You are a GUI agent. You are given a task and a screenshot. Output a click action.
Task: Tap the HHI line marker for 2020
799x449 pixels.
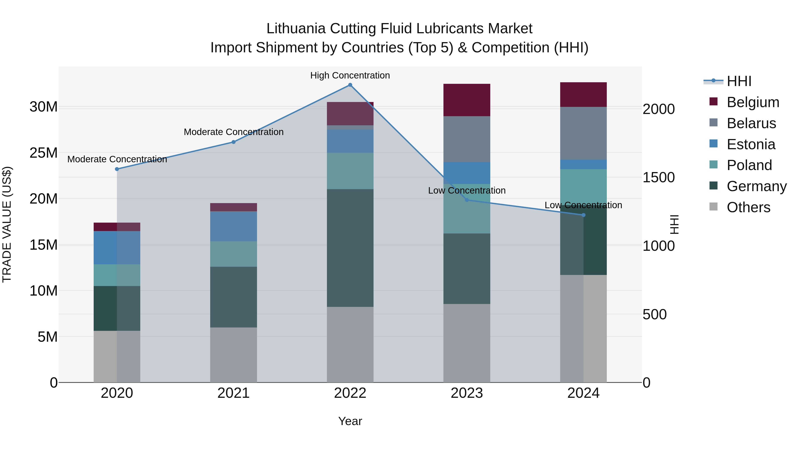pos(117,169)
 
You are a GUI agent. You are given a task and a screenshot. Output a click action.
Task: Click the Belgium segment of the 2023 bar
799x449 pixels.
pos(467,100)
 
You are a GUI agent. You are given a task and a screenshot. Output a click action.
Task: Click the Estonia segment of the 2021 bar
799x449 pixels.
pos(233,226)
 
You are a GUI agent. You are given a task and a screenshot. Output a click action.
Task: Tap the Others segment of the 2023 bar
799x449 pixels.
pos(467,343)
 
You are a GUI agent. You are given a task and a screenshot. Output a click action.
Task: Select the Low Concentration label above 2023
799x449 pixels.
pos(467,190)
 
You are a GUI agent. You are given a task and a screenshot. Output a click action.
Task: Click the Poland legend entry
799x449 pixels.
pos(749,165)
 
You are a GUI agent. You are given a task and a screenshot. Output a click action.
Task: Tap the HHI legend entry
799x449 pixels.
pos(739,81)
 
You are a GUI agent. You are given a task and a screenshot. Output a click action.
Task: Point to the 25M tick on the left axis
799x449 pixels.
pos(44,153)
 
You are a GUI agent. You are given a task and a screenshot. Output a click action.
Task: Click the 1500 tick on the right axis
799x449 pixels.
pos(659,178)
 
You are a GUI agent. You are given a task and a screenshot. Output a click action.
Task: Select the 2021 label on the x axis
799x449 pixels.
pos(233,393)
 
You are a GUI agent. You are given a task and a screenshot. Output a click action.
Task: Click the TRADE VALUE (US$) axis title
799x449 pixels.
pos(7,224)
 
